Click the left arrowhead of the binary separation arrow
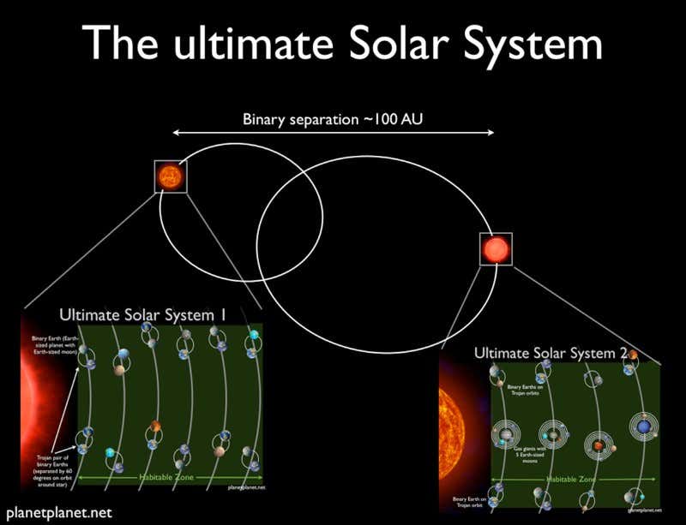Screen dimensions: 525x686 pos(177,133)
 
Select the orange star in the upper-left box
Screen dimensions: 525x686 pos(169,176)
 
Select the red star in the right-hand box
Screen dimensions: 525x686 pos(496,248)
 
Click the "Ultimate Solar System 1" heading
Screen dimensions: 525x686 pos(141,316)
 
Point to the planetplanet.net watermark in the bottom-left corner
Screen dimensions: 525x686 pos(57,513)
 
